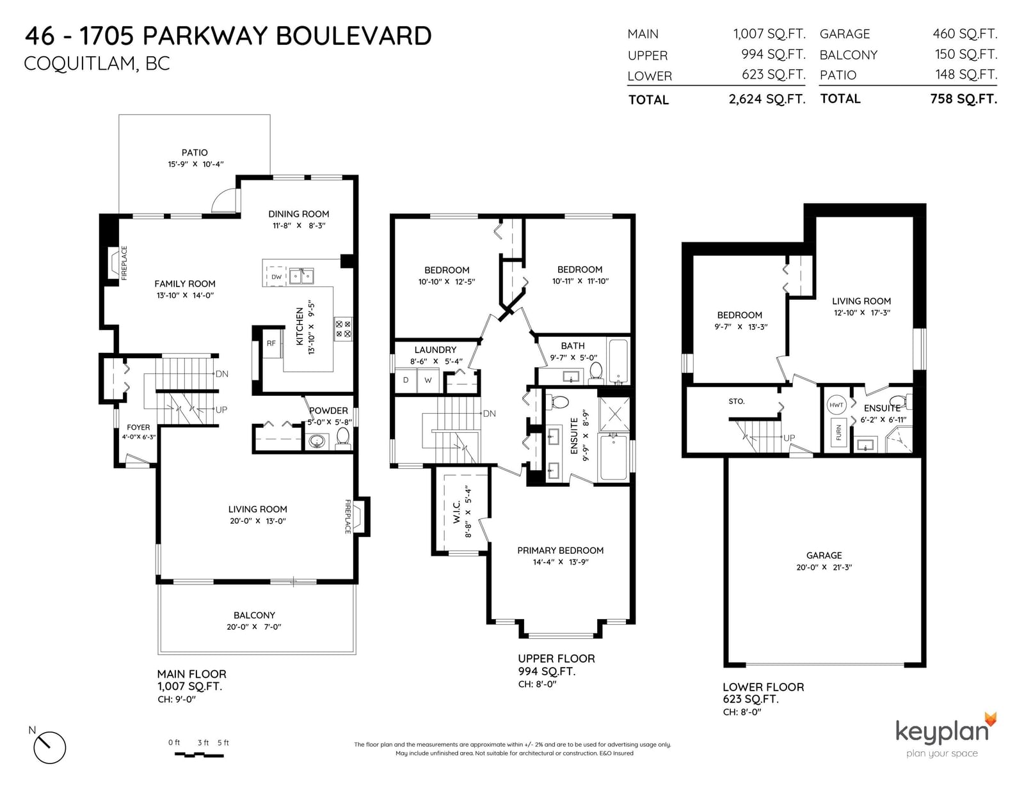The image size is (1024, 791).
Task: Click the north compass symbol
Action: point(49,748)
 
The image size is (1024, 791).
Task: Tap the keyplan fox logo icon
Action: point(991,719)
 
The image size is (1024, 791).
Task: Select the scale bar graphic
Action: point(199,755)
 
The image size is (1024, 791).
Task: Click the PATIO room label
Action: point(195,153)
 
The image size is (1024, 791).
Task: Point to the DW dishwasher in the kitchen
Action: point(276,276)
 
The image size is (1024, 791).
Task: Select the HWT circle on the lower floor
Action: point(836,405)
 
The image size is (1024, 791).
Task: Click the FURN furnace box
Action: point(839,432)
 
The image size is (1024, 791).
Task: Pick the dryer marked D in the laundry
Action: point(406,380)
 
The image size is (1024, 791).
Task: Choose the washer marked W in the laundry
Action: point(428,380)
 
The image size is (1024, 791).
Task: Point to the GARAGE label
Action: point(824,556)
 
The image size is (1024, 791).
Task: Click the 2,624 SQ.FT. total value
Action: point(767,99)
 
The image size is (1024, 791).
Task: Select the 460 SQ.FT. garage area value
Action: point(964,34)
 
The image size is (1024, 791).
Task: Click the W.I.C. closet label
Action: point(456,512)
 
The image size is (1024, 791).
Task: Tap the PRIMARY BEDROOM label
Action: point(560,551)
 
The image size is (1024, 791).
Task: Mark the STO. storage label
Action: point(737,401)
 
